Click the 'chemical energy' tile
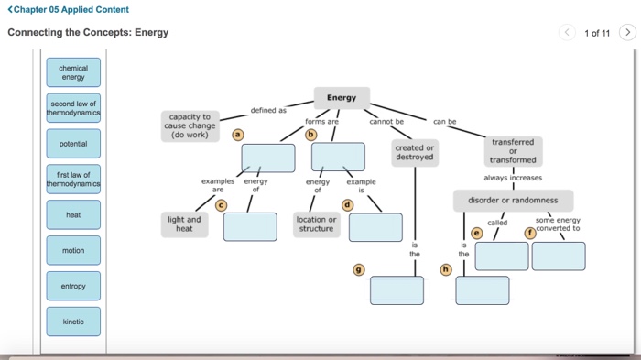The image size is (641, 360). pos(73,72)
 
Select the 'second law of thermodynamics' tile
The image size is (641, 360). pos(73,108)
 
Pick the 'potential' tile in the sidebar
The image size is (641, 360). pos(73,144)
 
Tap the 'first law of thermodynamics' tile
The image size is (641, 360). pos(73,179)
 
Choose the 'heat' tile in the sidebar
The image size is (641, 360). pos(73,215)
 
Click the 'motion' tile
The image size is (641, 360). pos(73,250)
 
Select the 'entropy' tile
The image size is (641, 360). pos(73,286)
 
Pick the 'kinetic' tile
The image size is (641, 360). pos(73,322)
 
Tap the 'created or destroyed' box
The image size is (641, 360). pos(415,152)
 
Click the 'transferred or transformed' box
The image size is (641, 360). pos(513,151)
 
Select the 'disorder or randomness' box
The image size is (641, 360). pos(513,201)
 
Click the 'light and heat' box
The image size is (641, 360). pos(184,224)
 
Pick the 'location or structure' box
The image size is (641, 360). pos(316,224)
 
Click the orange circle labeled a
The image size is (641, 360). pos(238,134)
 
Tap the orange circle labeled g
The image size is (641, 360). pos(358,269)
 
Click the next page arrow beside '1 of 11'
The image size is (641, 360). pos(627,33)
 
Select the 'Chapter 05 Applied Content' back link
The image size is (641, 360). pos(68,10)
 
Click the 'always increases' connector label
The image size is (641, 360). pos(513,178)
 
